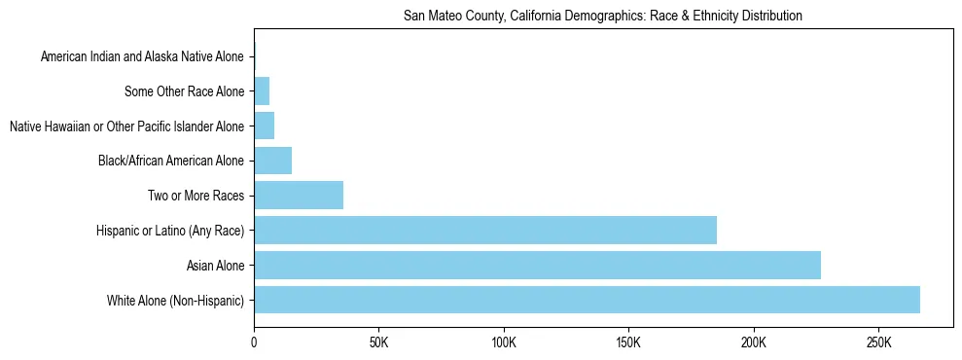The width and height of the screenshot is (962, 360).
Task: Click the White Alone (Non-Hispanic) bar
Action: pyautogui.click(x=587, y=300)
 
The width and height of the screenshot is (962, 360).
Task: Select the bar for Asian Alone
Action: pyautogui.click(x=537, y=265)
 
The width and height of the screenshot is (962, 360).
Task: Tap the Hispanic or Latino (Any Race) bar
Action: pyautogui.click(x=485, y=230)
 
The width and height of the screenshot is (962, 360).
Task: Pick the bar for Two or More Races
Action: pyautogui.click(x=299, y=195)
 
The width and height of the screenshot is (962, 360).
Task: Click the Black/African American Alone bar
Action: pyautogui.click(x=272, y=161)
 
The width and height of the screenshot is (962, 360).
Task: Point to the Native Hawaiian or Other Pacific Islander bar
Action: pyautogui.click(x=264, y=126)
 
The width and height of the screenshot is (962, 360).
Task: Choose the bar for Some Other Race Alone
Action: pyautogui.click(x=262, y=91)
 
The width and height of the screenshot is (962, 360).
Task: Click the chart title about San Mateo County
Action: pyautogui.click(x=602, y=17)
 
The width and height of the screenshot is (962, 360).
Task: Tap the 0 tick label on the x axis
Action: pyautogui.click(x=254, y=342)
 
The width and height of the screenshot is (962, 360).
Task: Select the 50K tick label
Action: pyautogui.click(x=378, y=342)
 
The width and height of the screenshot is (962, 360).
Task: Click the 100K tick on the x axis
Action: pyautogui.click(x=504, y=342)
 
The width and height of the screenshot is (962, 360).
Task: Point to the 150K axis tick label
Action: pyautogui.click(x=628, y=342)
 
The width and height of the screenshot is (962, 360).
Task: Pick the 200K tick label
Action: pyautogui.click(x=754, y=342)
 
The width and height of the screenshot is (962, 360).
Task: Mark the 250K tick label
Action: pyautogui.click(x=878, y=342)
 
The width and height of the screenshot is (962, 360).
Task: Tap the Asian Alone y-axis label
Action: pyautogui.click(x=216, y=266)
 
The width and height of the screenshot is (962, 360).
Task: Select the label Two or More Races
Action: pyautogui.click(x=196, y=196)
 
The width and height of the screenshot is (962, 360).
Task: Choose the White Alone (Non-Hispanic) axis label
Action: pyautogui.click(x=176, y=301)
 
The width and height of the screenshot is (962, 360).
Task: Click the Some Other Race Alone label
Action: pyautogui.click(x=185, y=92)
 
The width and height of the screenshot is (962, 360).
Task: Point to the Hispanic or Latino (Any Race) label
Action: pyautogui.click(x=170, y=231)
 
